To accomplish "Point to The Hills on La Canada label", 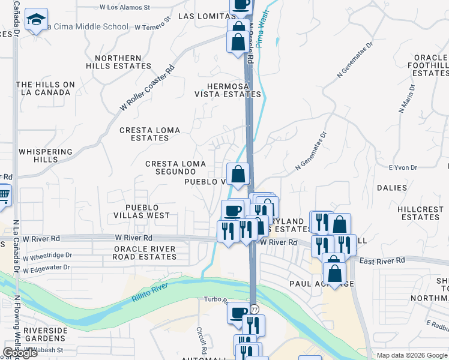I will click(x=46, y=88).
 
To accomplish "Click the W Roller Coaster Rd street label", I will click(x=147, y=88).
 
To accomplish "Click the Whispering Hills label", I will click(x=46, y=156).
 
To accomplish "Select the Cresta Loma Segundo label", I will click(x=175, y=167).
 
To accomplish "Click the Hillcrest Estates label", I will click(x=421, y=212).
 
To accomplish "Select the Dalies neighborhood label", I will click(x=392, y=188).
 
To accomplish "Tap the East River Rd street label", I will click(x=382, y=261).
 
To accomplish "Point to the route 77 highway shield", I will click(x=255, y=309).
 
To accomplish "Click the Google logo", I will click(x=20, y=353).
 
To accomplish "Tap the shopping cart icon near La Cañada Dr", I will click(x=4, y=196).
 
